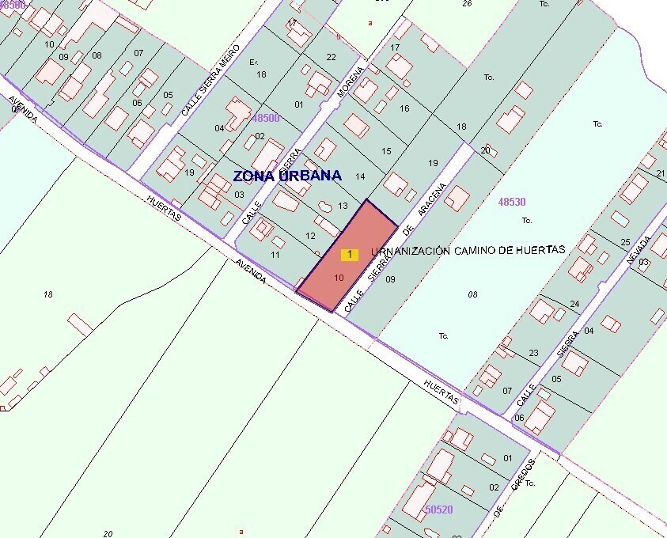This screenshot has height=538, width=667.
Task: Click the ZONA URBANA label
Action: point(287,176)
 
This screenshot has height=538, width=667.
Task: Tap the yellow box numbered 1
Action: point(349,254)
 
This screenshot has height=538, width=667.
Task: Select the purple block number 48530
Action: point(512,203)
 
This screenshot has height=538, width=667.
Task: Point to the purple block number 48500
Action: point(266,118)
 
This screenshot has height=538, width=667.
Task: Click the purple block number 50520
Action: point(438,510)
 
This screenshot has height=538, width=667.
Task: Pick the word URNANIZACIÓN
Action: point(408,251)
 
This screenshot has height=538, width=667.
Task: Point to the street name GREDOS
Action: point(523,475)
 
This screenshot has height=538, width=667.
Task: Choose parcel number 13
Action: point(343,206)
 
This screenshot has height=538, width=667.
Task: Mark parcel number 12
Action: point(310,236)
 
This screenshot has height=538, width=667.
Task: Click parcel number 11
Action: point(275,255)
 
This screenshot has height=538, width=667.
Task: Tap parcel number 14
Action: point(360,176)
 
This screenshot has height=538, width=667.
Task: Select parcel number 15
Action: point(386,151)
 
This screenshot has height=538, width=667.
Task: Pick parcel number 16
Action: point(404,108)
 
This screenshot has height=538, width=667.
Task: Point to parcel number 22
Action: point(331,56)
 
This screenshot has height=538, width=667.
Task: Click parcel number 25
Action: point(625,242)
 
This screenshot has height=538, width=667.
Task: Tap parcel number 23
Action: point(533,353)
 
